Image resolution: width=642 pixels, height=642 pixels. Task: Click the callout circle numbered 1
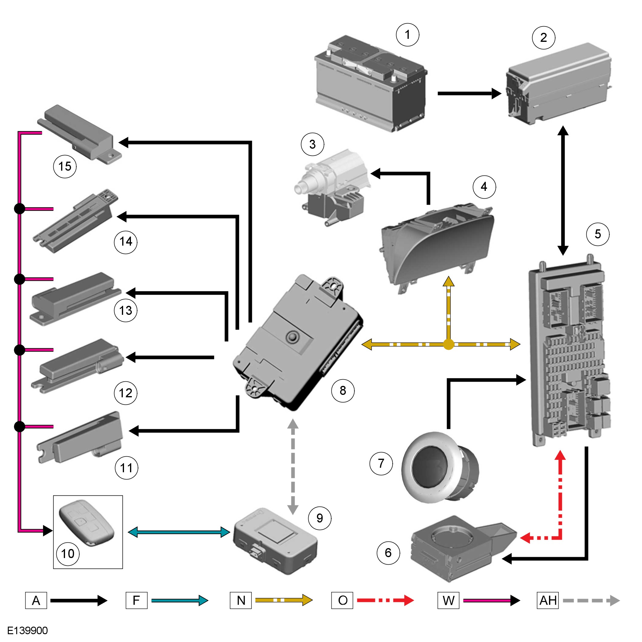click(408, 35)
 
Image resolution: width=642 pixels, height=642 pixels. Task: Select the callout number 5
click(598, 234)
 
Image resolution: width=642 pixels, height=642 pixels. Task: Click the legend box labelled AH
click(547, 600)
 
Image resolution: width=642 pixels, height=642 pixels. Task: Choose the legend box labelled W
click(448, 600)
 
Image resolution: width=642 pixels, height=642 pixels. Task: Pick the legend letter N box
click(240, 600)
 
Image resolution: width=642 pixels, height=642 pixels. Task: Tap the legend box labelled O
click(342, 600)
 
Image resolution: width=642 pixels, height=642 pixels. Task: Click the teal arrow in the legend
click(179, 600)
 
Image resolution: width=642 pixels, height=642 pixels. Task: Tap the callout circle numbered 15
click(65, 166)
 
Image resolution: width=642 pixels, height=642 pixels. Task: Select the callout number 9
click(320, 518)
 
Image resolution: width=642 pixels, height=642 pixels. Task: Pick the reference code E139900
click(28, 630)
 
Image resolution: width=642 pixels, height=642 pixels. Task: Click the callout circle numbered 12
click(126, 393)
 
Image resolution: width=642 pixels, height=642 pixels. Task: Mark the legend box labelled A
click(36, 600)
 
